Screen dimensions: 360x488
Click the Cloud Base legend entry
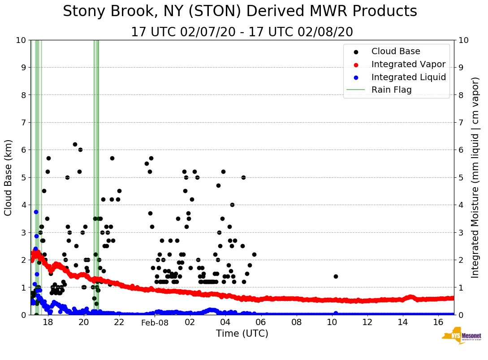pos(396,51)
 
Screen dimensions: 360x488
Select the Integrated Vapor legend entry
pos(408,64)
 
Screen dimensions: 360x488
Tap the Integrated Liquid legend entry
pos(408,77)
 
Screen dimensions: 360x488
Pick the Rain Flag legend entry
pos(391,90)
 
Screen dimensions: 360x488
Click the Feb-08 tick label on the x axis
pos(154,323)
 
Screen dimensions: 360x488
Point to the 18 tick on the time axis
pos(48,323)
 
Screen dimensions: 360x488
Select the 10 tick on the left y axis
pos(21,40)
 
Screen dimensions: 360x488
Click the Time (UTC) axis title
pos(242,334)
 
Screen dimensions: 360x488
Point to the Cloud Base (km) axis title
pos(9,177)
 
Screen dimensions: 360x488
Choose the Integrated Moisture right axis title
pos(475,177)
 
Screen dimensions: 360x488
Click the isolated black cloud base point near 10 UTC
pos(336,276)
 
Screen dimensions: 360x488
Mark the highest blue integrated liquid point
pos(36,212)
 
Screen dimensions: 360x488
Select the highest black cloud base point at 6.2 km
pos(75,144)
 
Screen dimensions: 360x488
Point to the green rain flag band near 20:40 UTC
pos(96,179)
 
